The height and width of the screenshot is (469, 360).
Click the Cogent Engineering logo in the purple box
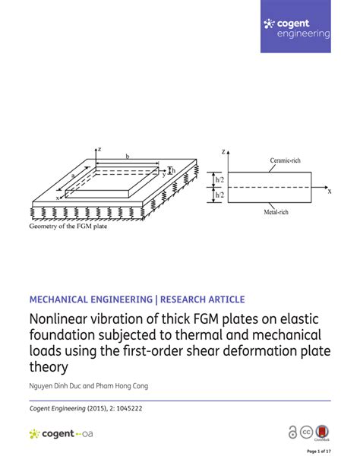point(296,28)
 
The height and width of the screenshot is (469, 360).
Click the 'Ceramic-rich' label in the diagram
point(286,160)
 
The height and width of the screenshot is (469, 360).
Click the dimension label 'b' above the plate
point(127,156)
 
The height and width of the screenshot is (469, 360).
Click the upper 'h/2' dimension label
point(219,179)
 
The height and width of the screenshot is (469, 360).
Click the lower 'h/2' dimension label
point(219,195)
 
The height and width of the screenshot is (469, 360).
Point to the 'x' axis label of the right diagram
point(330,192)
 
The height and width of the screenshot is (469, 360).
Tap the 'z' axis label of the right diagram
point(223,152)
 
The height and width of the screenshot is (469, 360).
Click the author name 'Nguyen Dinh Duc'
point(57,387)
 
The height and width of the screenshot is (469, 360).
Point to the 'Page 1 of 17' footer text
point(317,452)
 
